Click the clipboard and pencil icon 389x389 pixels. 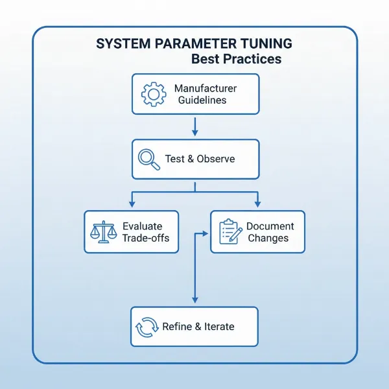(x=230, y=231)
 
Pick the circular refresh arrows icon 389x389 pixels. (x=147, y=327)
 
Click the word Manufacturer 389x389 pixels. (x=206, y=88)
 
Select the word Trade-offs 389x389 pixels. (x=145, y=238)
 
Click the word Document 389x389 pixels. (x=270, y=226)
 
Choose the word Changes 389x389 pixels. (x=268, y=238)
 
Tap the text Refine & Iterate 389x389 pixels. (x=198, y=327)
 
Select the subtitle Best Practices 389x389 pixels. (x=236, y=60)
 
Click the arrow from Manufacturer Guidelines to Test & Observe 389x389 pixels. (x=195, y=126)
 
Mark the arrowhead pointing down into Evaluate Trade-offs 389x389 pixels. (x=132, y=204)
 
